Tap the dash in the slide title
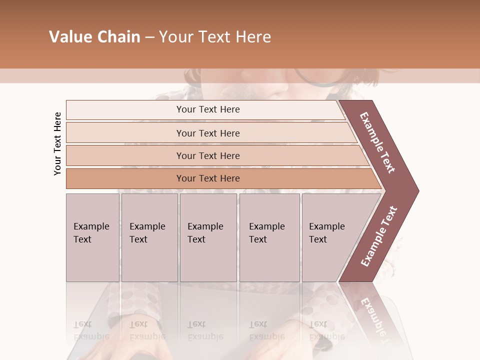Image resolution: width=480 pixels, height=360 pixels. [149, 37]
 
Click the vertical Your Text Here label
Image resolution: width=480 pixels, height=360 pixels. [57, 143]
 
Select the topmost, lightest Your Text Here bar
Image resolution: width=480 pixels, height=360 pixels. [208, 109]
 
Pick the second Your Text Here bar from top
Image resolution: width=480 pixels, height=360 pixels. [208, 133]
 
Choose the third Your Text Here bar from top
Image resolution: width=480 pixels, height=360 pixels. [208, 155]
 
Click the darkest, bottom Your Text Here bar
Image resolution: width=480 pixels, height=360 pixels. [208, 178]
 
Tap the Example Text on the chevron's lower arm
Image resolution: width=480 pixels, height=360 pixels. [379, 236]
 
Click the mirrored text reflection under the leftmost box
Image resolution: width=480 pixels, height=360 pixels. [91, 330]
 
